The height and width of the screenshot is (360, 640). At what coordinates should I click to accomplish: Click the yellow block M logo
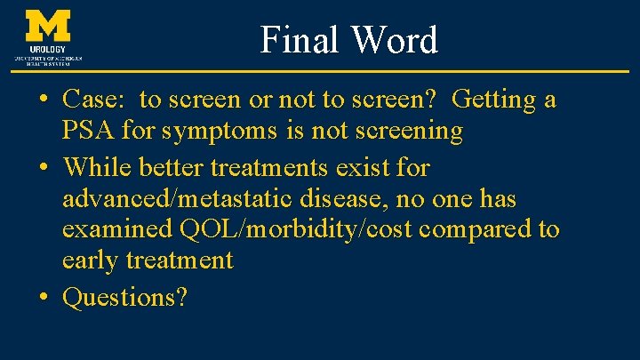(x=49, y=26)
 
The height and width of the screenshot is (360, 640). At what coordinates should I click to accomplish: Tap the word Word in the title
(x=393, y=41)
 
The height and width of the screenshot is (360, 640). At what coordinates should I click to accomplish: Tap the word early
(x=93, y=260)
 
